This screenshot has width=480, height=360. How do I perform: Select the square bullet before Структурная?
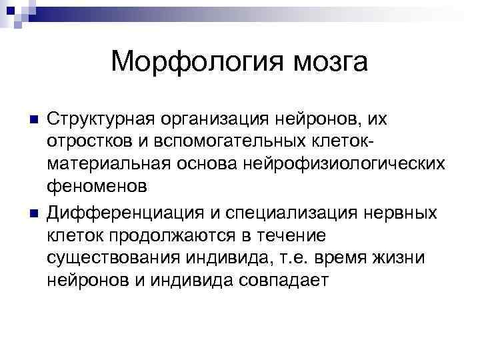click(x=27, y=121)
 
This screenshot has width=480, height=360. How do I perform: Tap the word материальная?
click(x=100, y=166)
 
